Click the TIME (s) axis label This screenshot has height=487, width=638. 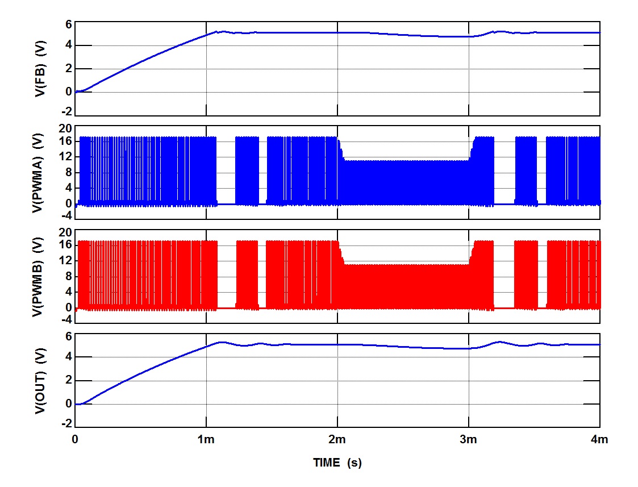click(x=337, y=463)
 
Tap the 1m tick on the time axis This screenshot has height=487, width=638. click(x=206, y=439)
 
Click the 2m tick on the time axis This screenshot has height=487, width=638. click(x=337, y=439)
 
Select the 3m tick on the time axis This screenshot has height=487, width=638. click(x=468, y=439)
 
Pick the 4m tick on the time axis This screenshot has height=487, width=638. click(x=599, y=439)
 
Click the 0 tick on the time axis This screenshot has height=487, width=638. click(x=75, y=439)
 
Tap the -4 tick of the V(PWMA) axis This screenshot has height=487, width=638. click(x=66, y=215)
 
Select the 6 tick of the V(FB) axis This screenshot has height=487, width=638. click(x=69, y=24)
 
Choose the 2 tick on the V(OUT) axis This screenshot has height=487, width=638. click(x=69, y=381)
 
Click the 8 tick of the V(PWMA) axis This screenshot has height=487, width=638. click(x=69, y=173)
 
